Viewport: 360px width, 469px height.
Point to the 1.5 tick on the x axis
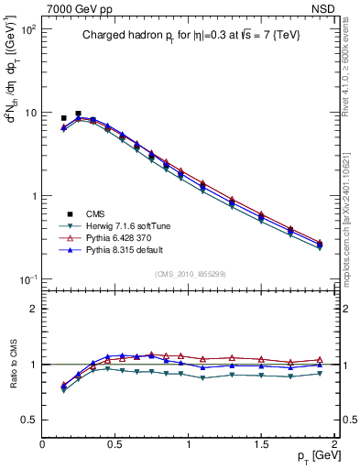pos(262,445)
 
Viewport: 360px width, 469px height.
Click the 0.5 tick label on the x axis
pos(115,445)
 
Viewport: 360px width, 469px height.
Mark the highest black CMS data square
pos(78,114)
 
